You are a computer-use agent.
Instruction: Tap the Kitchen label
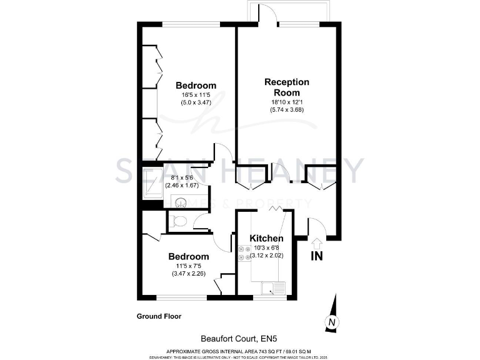point(267,238)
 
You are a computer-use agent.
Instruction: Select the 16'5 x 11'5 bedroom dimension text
point(196,95)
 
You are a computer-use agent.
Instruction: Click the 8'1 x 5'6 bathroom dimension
point(181,177)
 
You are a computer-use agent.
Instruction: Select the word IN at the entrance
point(317,256)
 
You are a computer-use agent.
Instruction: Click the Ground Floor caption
point(159,316)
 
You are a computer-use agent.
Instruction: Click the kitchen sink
point(273,287)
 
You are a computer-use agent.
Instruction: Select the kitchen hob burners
point(241,253)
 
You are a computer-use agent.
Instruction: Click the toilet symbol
point(179,220)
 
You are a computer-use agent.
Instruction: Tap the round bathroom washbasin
point(180,201)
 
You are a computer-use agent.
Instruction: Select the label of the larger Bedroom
point(196,86)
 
